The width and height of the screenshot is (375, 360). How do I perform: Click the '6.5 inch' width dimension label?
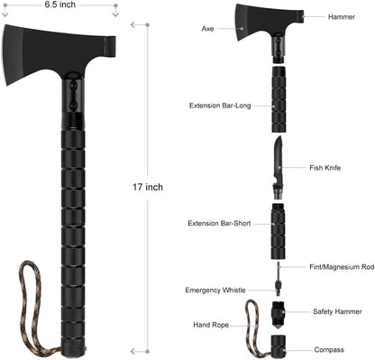60,5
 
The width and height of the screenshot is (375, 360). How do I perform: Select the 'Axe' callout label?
207,29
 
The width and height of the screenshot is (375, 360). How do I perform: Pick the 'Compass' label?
328,349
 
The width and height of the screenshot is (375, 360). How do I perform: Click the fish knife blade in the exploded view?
277,156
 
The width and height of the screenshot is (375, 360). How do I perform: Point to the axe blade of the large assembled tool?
36,53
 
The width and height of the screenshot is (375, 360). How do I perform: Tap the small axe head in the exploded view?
258,23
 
